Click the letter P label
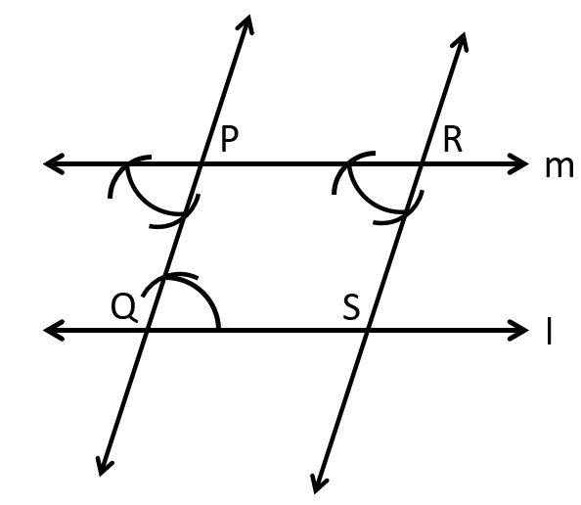click(229, 139)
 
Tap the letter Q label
click(124, 307)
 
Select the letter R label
click(453, 140)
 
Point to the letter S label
click(351, 307)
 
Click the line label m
click(559, 167)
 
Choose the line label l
click(550, 332)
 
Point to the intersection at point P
click(201, 163)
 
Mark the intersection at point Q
click(148, 329)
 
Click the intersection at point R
click(421, 163)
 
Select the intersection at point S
click(367, 329)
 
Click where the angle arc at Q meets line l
click(219, 329)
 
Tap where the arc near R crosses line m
click(349, 163)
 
